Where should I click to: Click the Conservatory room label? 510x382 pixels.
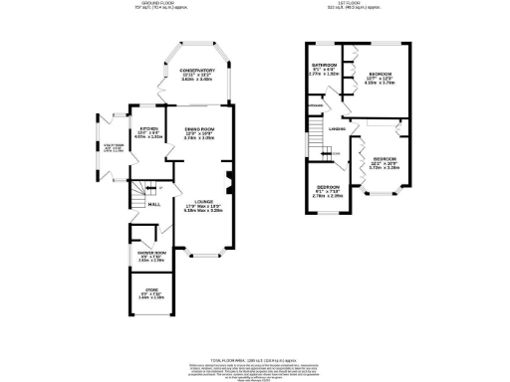pos(197,71)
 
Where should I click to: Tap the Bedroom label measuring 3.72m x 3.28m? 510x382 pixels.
pos(384,159)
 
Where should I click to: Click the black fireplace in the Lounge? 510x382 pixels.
pos(229,181)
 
